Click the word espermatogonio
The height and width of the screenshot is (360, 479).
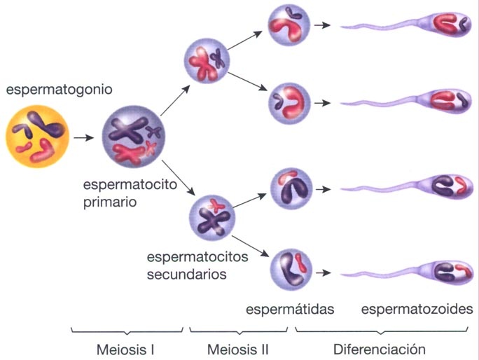[x=60, y=90]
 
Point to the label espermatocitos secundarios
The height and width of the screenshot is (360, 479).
[x=197, y=265]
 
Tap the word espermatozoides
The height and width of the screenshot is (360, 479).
[x=417, y=309]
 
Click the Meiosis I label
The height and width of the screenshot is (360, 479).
[x=125, y=348]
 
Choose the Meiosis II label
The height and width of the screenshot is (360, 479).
[x=238, y=348]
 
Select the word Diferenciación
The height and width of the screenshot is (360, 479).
[x=379, y=348]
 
